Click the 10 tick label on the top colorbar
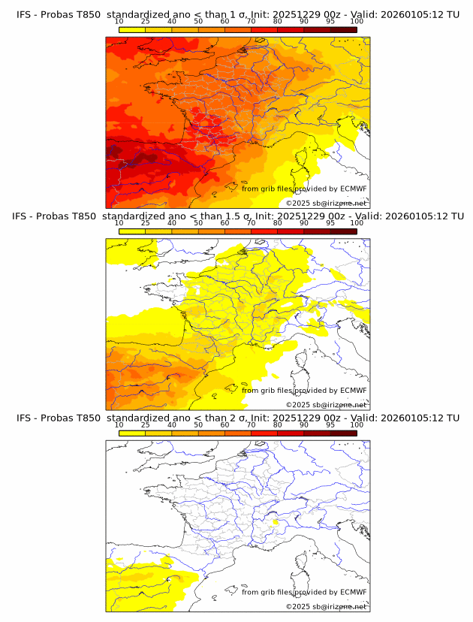tap(119, 21)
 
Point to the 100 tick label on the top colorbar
tap(357, 21)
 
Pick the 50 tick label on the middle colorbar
tap(198, 223)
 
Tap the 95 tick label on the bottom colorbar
tap(330, 424)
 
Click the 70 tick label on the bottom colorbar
tap(251, 424)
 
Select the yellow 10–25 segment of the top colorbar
tap(132, 29)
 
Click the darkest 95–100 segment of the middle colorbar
tap(343, 231)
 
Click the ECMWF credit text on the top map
tap(304, 189)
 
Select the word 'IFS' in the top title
tap(25, 14)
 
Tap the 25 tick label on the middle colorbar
tap(145, 223)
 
